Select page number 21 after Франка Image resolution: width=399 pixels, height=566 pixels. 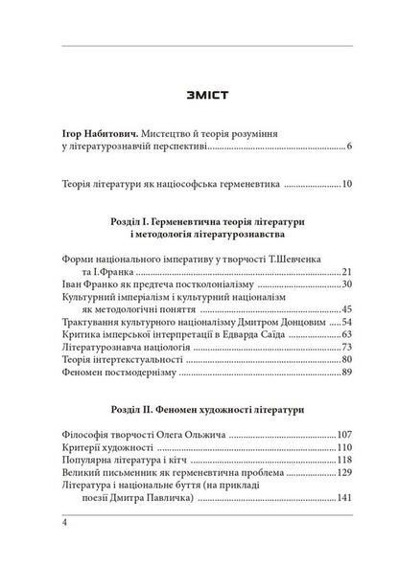tap(347, 272)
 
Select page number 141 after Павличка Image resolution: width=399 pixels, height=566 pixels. tap(344, 509)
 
